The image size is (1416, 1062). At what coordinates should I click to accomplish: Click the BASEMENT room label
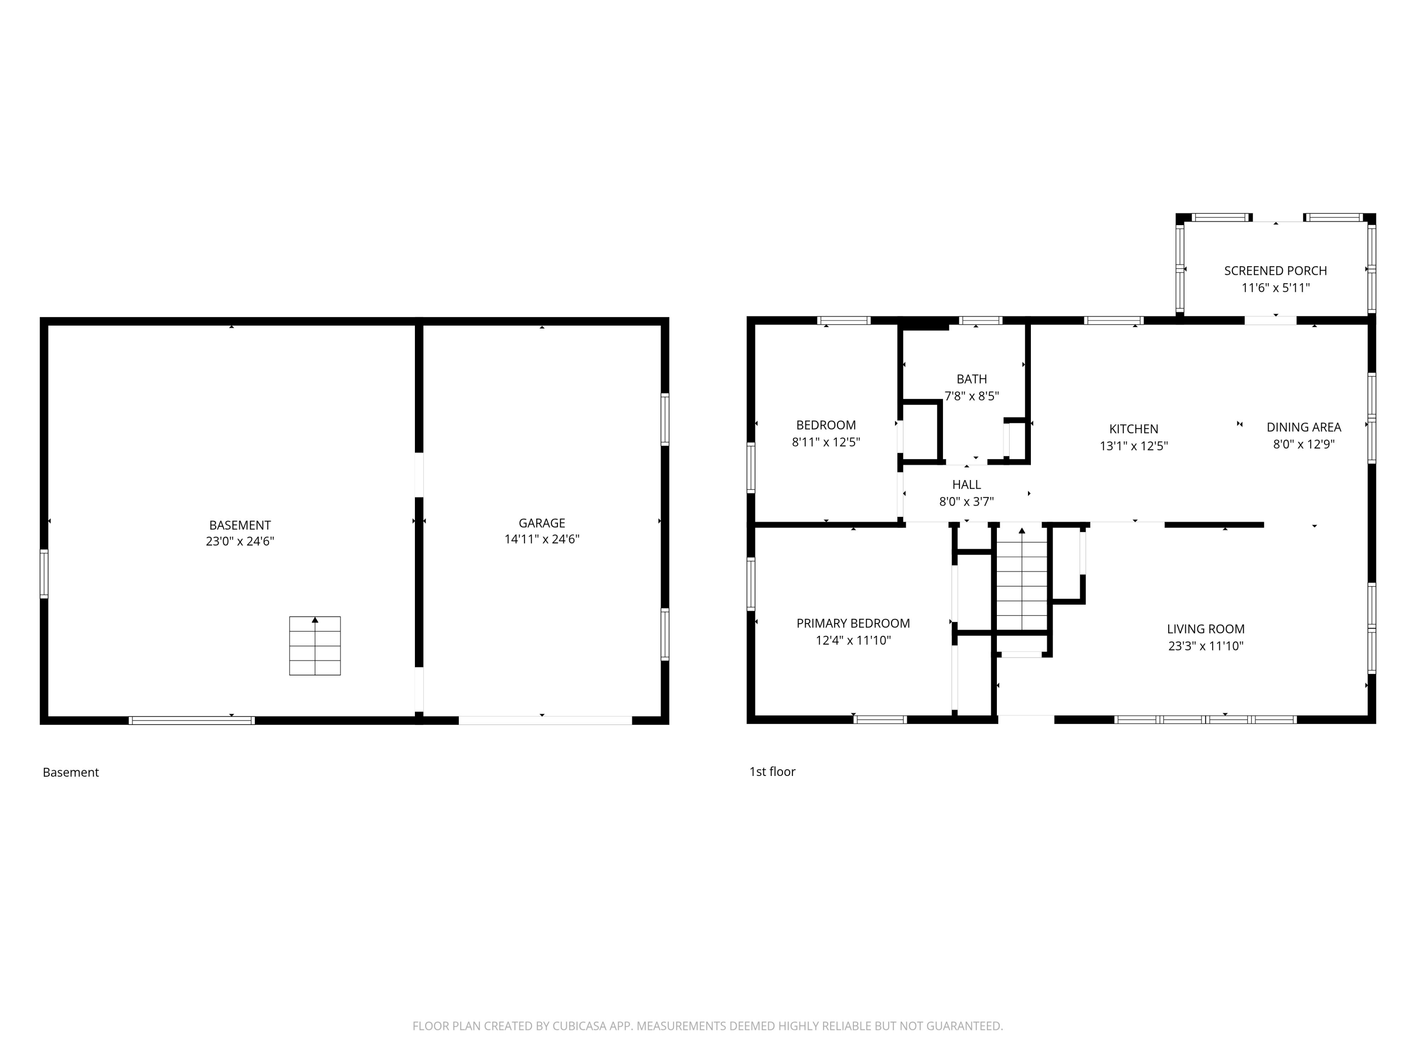coord(240,525)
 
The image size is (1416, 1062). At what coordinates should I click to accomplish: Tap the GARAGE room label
coord(541,523)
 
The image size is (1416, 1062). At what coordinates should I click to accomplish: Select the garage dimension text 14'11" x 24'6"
coord(541,539)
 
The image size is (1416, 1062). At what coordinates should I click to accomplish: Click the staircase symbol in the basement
coord(315,645)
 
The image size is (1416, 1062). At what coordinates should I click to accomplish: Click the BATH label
coord(972,379)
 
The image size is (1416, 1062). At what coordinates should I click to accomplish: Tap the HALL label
coord(966,485)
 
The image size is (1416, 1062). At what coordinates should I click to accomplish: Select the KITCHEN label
coord(1134,429)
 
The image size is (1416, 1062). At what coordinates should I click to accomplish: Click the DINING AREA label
coord(1303,427)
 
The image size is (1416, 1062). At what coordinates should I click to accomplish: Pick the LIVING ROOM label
coord(1205,629)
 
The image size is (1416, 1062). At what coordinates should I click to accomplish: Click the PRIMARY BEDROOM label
coord(853,624)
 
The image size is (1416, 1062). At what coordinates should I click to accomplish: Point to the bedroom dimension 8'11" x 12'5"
coord(826,442)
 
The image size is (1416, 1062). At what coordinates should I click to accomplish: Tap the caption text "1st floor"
coord(772,771)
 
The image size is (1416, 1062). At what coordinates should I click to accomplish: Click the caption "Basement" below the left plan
coord(70,772)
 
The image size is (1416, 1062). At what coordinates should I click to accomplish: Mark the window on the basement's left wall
coord(44,573)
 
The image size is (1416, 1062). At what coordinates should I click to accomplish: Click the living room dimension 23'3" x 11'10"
coord(1205,646)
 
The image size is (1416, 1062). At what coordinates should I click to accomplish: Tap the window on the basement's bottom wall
coord(192,720)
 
